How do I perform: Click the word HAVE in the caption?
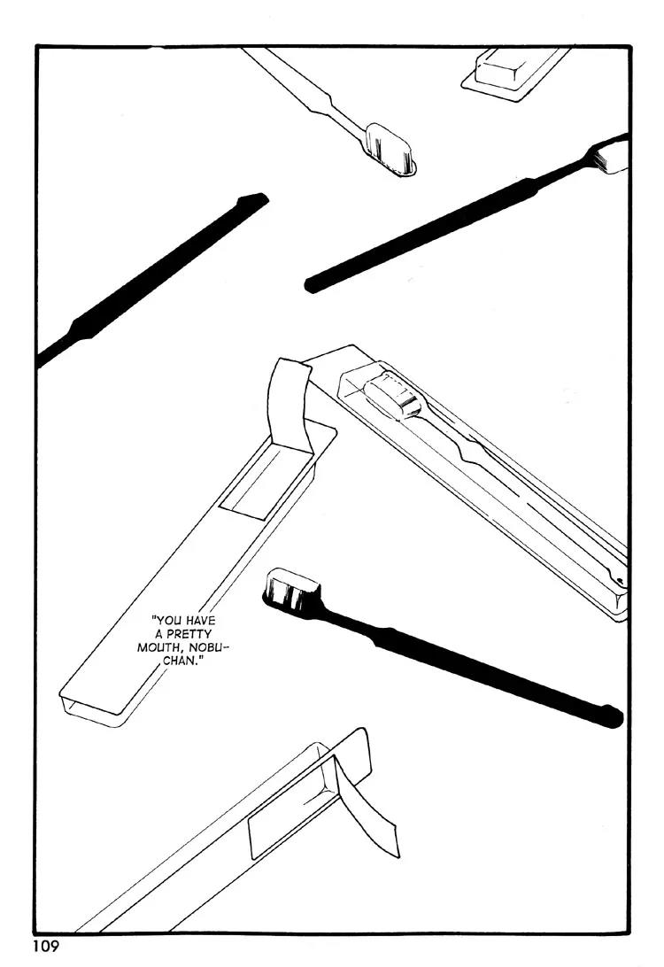point(198,621)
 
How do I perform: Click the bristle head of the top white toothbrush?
point(390,150)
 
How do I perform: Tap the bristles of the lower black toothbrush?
point(292,590)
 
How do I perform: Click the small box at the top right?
point(514,73)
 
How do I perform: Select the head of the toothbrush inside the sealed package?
point(393,397)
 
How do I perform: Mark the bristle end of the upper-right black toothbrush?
point(610,156)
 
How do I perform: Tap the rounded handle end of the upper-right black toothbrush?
point(312,285)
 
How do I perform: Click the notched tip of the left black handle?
point(253,199)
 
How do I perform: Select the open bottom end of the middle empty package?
point(92,708)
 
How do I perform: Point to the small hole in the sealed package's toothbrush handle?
point(619,580)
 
